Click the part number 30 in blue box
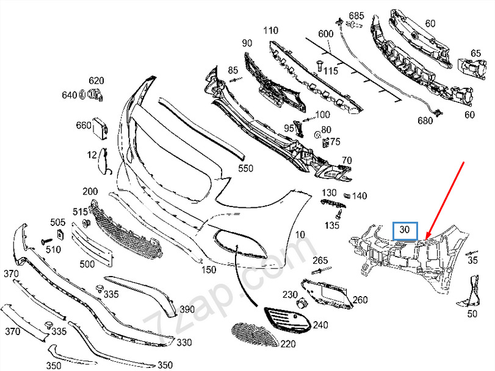coord(405,230)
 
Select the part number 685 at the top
coord(356,15)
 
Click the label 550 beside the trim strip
coord(246,167)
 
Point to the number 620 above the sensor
coord(96,80)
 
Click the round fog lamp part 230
coord(300,304)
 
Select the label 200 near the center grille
coord(90,191)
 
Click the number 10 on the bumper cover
coord(300,235)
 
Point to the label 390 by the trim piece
coord(187,309)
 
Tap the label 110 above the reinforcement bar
coord(270,30)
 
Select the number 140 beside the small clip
coord(360,196)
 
